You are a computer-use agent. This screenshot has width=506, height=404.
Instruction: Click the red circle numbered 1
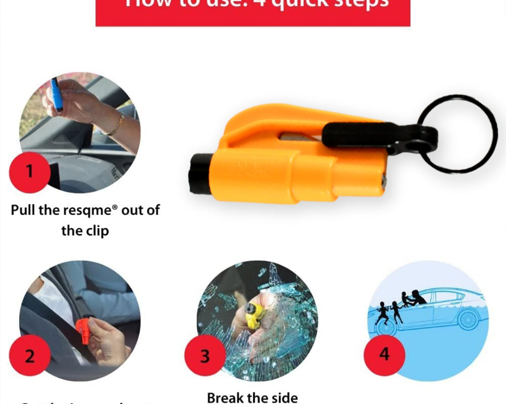click(30, 172)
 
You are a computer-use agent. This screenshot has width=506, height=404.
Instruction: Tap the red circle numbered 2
click(30, 356)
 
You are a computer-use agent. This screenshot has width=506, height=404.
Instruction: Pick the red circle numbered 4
click(384, 354)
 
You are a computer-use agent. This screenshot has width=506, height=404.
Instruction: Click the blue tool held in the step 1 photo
click(56, 94)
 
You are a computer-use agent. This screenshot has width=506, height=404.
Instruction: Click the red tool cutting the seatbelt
click(84, 330)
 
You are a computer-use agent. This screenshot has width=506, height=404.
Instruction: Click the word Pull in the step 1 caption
click(23, 210)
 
